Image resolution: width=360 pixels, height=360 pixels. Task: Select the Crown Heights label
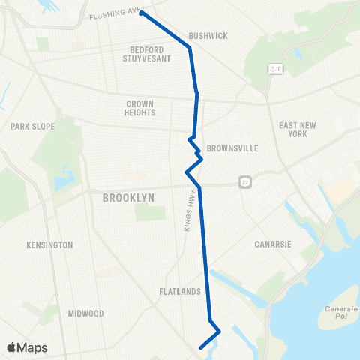point(140,108)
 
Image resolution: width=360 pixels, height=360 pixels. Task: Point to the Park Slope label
point(33,127)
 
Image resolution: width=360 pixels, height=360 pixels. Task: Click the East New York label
point(292,130)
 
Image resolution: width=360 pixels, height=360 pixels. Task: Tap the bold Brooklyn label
point(128,197)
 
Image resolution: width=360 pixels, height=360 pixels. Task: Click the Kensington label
point(49,245)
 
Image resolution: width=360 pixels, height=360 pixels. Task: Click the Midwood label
point(85,313)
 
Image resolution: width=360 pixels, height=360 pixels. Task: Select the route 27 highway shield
point(245,182)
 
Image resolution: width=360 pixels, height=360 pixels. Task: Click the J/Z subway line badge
point(276,70)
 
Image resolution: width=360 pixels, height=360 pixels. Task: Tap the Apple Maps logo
point(27,347)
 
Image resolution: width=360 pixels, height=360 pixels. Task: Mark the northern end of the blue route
point(141,13)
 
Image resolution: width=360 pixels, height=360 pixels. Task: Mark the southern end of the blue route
point(200,347)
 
